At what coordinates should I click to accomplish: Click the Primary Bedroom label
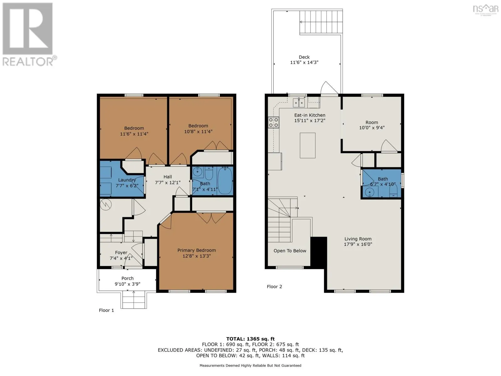[x=197, y=250]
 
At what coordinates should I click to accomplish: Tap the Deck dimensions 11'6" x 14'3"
[x=304, y=62]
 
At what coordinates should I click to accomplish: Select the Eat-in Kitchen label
[x=309, y=115]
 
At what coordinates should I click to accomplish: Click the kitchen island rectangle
[x=307, y=145]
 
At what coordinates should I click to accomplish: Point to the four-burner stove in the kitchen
[x=273, y=123]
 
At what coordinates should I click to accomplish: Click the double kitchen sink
[x=299, y=103]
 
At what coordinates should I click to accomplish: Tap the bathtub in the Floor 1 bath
[x=225, y=180]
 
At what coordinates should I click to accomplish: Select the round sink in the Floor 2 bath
[x=369, y=192]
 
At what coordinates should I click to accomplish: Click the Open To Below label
[x=290, y=251]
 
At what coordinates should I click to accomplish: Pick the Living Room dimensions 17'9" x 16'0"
[x=358, y=244]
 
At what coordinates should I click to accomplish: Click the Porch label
[x=127, y=278]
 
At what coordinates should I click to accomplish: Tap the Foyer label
[x=121, y=253]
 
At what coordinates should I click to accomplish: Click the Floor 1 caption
[x=106, y=310]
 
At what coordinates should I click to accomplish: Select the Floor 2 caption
[x=274, y=286]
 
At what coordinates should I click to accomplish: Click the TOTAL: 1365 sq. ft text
[x=250, y=339]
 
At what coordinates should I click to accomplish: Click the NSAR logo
[x=485, y=9]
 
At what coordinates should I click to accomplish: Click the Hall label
[x=168, y=177]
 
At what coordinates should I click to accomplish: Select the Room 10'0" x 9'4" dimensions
[x=372, y=128]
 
